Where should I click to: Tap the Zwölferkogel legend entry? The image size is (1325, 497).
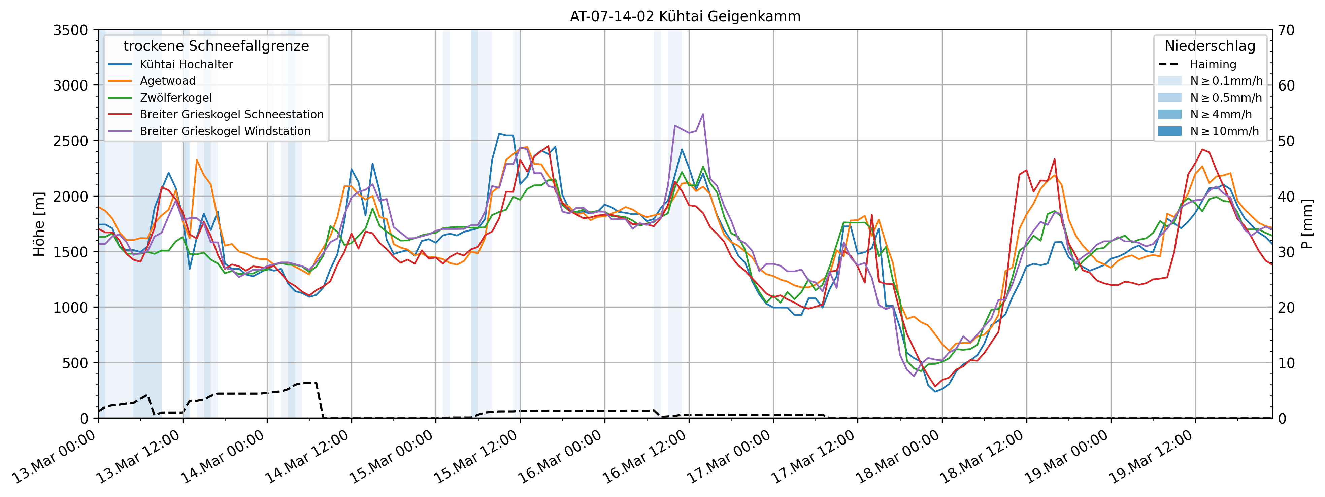175,98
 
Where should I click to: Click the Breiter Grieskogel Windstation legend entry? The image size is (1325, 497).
225,131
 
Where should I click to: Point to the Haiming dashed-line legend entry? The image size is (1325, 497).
1212,64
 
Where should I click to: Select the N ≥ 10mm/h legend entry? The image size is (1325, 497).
1224,131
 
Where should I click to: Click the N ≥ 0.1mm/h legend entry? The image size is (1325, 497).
1226,81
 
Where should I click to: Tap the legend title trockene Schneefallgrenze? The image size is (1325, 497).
216,46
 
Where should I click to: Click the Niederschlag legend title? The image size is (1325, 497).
1210,46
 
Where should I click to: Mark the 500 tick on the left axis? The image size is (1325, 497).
76,363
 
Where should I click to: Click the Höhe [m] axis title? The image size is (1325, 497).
39,224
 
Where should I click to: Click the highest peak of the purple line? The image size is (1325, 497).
703,114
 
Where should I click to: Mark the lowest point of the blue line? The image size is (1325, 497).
935,392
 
